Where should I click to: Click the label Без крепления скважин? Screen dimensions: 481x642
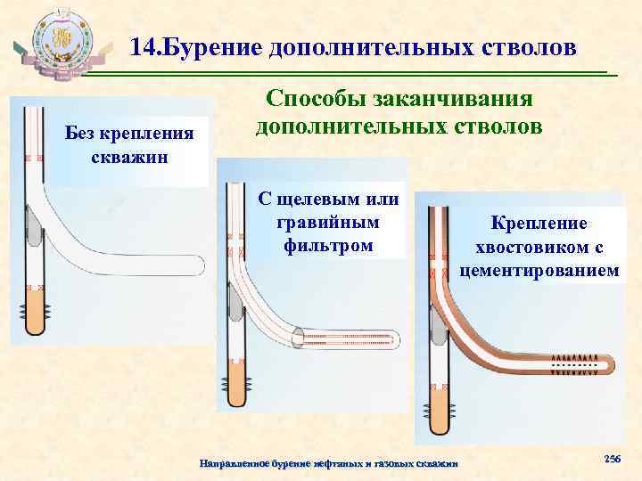click(129, 145)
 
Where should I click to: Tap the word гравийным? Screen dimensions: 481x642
click(330, 220)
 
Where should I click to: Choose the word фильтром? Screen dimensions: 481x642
click(330, 243)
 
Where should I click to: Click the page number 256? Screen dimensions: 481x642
click(613, 458)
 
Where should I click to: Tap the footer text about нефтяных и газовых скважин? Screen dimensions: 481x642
click(329, 464)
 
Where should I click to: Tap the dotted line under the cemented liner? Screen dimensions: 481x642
click(576, 365)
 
